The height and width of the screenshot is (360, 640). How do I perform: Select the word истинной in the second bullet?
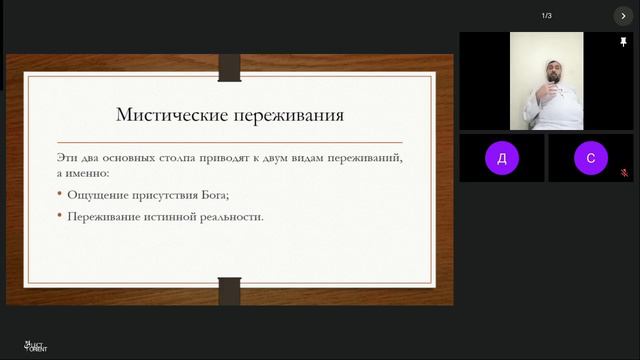(x=161, y=215)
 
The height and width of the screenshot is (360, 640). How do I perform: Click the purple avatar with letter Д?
(x=501, y=158)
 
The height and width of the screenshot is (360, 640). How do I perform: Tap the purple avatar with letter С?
(x=591, y=158)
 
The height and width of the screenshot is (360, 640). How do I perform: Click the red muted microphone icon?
(x=624, y=173)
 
